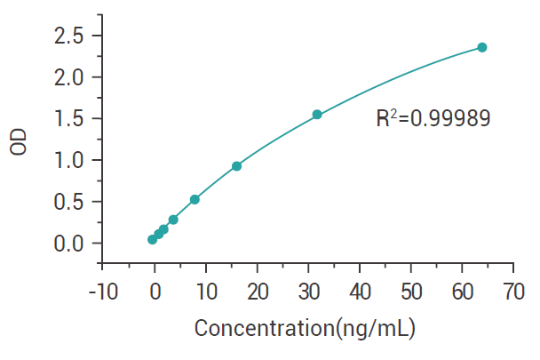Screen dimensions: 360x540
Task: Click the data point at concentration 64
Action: tap(482, 47)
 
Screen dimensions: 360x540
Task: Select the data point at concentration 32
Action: tap(317, 115)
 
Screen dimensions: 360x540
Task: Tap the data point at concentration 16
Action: tap(236, 166)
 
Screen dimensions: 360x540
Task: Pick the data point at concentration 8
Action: tap(195, 199)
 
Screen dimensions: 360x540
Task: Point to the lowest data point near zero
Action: tap(152, 239)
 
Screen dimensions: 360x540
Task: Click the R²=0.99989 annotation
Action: tap(433, 118)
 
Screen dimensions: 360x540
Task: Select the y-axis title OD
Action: tap(20, 142)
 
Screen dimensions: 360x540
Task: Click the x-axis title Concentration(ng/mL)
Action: tap(305, 328)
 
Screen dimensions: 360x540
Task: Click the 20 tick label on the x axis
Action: tap(258, 291)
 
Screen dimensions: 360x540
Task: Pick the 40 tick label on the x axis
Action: tap(361, 291)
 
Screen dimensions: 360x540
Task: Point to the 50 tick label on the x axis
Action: tap(411, 291)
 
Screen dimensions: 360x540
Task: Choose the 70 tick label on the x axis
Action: tap(513, 291)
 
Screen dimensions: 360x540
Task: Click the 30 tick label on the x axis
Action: tap(309, 291)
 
